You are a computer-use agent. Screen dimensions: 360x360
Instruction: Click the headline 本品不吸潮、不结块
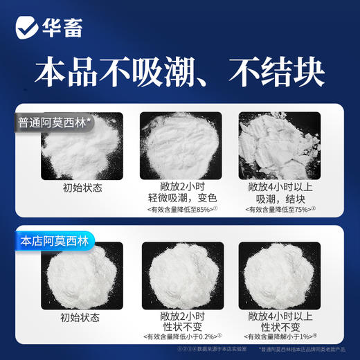click(180, 71)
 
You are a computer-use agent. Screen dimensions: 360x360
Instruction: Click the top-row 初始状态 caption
click(81, 186)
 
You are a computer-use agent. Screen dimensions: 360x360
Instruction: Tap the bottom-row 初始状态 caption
click(81, 318)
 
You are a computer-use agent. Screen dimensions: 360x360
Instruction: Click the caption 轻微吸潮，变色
click(179, 198)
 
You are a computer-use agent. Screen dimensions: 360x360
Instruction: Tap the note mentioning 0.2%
click(179, 337)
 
